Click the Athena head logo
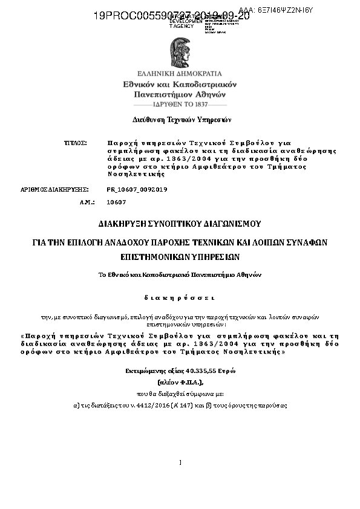click(180, 51)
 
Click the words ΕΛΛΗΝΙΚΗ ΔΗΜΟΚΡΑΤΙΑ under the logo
click(180, 73)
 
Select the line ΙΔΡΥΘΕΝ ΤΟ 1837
click(180, 104)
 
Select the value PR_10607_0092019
click(137, 189)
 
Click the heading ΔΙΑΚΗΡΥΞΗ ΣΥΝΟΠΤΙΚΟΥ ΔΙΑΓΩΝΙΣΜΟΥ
click(180, 223)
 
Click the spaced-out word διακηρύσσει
click(180, 297)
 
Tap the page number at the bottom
click(180, 462)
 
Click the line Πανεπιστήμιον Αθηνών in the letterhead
click(180, 94)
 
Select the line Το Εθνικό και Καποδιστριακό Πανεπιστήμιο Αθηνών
click(180, 274)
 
